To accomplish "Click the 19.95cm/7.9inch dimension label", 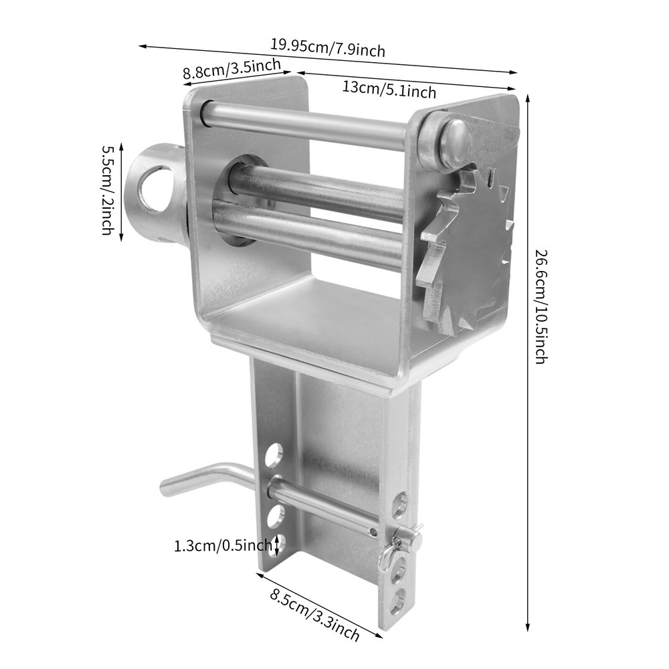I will (x=328, y=47).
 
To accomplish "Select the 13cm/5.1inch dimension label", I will (x=389, y=88).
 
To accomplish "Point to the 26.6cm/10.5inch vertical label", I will (x=541, y=306).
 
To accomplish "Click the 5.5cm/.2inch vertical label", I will (x=107, y=190).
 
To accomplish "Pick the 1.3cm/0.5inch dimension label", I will (x=223, y=546).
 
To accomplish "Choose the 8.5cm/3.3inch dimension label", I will (x=314, y=613).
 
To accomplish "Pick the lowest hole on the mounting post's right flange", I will (x=398, y=601).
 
